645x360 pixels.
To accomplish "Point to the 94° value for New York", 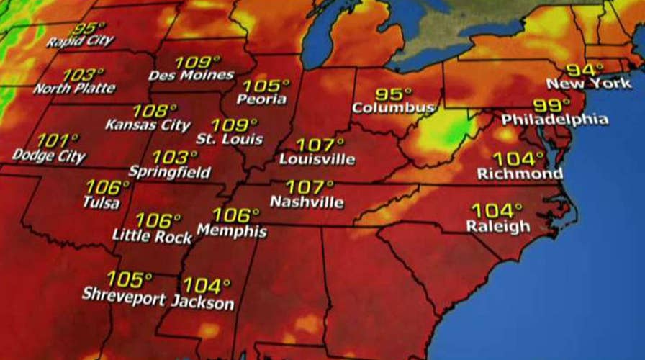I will point(584,71).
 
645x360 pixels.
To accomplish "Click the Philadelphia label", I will point(554,119).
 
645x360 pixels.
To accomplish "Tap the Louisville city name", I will point(317,158).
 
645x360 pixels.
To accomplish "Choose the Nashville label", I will point(307,202).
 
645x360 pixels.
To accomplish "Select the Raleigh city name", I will point(498,227).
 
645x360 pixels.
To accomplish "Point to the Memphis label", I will point(232,232).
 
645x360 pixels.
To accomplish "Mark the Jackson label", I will point(202,302).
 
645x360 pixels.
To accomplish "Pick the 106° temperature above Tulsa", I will point(107,187).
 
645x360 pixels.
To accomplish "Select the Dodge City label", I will point(49,156).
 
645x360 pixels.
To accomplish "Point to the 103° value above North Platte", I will point(84,75).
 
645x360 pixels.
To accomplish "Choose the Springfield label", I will point(170,172).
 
